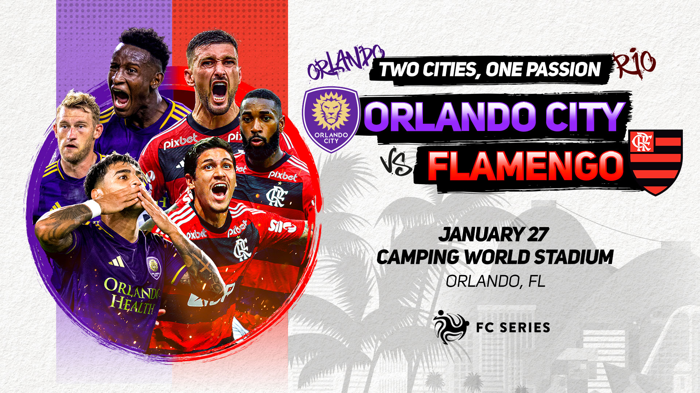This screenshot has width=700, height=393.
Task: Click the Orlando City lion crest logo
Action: (331, 119)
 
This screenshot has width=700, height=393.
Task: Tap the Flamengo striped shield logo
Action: (656, 162)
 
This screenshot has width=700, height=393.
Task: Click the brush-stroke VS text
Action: (396, 165)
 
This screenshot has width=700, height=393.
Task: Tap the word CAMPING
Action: (418, 257)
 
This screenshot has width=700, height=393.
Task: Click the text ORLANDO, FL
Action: (495, 281)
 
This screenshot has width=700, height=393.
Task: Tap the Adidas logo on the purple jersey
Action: (116, 262)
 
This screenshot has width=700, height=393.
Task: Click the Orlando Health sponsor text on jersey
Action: (132, 295)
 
